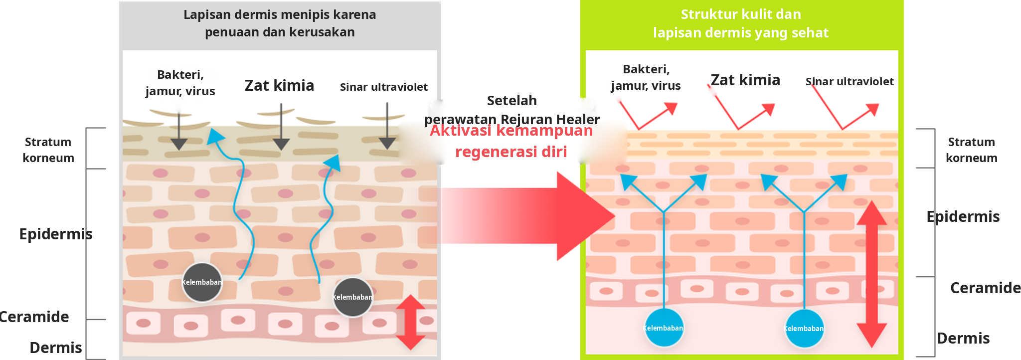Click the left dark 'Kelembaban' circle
[202, 282]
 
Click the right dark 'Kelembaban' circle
[353, 297]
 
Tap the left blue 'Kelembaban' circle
[664, 328]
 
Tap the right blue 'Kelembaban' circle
[804, 329]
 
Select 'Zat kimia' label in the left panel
[279, 86]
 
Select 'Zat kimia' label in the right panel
[745, 80]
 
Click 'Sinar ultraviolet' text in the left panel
[384, 87]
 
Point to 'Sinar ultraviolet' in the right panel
[850, 82]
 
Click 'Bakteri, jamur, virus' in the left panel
[180, 83]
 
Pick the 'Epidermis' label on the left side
[56, 234]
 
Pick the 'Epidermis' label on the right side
[963, 217]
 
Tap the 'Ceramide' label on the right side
[986, 288]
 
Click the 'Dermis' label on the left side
[56, 348]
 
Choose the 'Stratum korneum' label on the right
[971, 150]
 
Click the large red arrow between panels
[527, 216]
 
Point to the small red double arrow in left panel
[411, 322]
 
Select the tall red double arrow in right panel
[871, 274]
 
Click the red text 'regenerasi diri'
[511, 152]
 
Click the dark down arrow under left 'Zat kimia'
[281, 127]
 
